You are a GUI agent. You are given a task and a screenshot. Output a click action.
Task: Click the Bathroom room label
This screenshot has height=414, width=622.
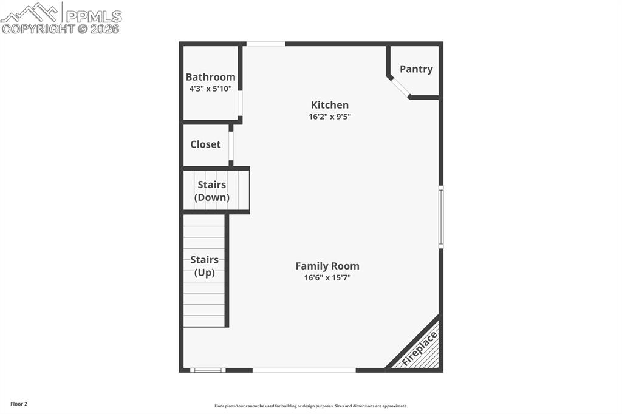210,77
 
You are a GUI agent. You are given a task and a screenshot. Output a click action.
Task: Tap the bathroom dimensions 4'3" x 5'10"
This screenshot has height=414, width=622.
210,89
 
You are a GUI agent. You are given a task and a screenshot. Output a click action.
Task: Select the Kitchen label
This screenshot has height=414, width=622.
330,105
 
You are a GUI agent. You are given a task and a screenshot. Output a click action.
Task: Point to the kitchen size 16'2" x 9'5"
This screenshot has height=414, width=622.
330,117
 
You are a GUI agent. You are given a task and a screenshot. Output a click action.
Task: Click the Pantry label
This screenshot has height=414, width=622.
416,69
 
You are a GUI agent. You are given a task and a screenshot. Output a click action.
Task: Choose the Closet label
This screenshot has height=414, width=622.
205,144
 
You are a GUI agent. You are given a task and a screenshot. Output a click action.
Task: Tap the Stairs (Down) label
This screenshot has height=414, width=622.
211,191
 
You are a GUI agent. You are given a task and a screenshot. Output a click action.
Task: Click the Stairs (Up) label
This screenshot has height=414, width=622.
204,266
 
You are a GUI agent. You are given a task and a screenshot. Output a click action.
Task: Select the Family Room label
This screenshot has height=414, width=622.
327,266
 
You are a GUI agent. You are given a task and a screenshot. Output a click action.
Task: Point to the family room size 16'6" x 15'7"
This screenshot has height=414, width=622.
327,278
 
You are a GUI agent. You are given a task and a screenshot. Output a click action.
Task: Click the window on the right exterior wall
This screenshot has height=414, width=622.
441,217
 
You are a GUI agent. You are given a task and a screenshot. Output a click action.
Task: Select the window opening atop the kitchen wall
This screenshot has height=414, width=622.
265,44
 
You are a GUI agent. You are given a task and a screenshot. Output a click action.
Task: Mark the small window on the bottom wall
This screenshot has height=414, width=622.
208,370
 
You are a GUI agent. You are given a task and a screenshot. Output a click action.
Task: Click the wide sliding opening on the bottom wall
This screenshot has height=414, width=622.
304,370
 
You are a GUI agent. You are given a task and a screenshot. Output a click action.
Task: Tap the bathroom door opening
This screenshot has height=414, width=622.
240,103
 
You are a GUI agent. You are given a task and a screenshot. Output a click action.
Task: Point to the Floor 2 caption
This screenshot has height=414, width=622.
19,404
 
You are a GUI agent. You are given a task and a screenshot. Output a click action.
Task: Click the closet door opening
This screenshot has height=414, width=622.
231,145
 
